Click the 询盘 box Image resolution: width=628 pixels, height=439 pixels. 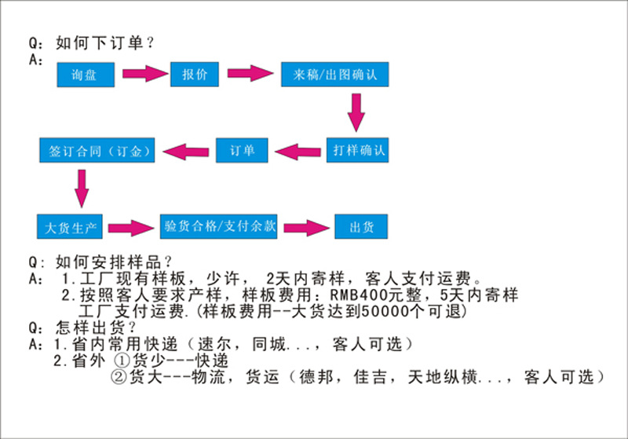point(86,75)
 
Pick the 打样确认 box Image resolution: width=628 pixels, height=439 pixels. point(357,149)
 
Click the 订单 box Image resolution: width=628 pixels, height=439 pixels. point(243,149)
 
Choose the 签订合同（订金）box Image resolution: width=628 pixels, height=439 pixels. point(98,149)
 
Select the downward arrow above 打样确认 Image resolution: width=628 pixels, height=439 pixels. point(357,112)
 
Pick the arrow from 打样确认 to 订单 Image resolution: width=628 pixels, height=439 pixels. point(298,149)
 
